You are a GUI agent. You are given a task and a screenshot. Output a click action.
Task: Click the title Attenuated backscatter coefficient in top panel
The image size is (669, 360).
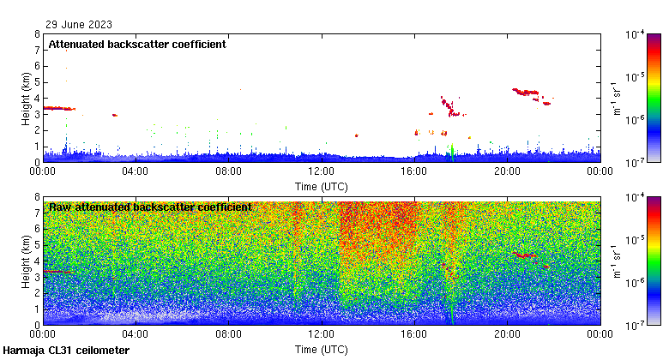[x=137, y=45]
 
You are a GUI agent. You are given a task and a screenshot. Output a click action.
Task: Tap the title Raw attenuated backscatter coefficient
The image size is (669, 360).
[x=150, y=207]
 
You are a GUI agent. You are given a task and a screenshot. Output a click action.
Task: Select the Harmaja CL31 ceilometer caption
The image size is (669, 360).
[x=67, y=351]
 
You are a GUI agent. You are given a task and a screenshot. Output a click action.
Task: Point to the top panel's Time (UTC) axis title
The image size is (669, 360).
[x=322, y=186]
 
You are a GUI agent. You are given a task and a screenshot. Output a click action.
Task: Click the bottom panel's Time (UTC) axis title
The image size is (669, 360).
[x=322, y=350]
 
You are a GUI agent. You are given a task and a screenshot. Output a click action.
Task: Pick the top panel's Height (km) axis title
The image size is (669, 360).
[x=27, y=99]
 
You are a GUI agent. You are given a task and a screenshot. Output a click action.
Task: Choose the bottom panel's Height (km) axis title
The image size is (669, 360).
[x=27, y=261]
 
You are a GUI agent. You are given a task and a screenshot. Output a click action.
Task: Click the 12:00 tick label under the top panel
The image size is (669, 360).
[x=321, y=171]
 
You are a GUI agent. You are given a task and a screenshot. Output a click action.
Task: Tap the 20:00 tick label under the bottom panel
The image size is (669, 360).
[x=507, y=335]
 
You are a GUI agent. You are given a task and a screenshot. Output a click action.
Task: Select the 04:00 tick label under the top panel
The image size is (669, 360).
[x=136, y=171]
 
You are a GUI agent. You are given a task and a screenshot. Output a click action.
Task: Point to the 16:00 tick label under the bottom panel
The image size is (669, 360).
[x=414, y=335]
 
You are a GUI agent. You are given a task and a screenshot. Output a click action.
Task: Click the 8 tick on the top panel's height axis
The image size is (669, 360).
[x=36, y=35]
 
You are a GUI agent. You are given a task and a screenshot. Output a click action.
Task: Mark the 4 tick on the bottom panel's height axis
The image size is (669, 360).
[x=36, y=261]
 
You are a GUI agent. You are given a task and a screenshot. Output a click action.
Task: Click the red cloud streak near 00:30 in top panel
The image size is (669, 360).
[x=58, y=108]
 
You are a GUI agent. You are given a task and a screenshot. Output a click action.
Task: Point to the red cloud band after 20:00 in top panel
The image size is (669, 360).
[x=525, y=91]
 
